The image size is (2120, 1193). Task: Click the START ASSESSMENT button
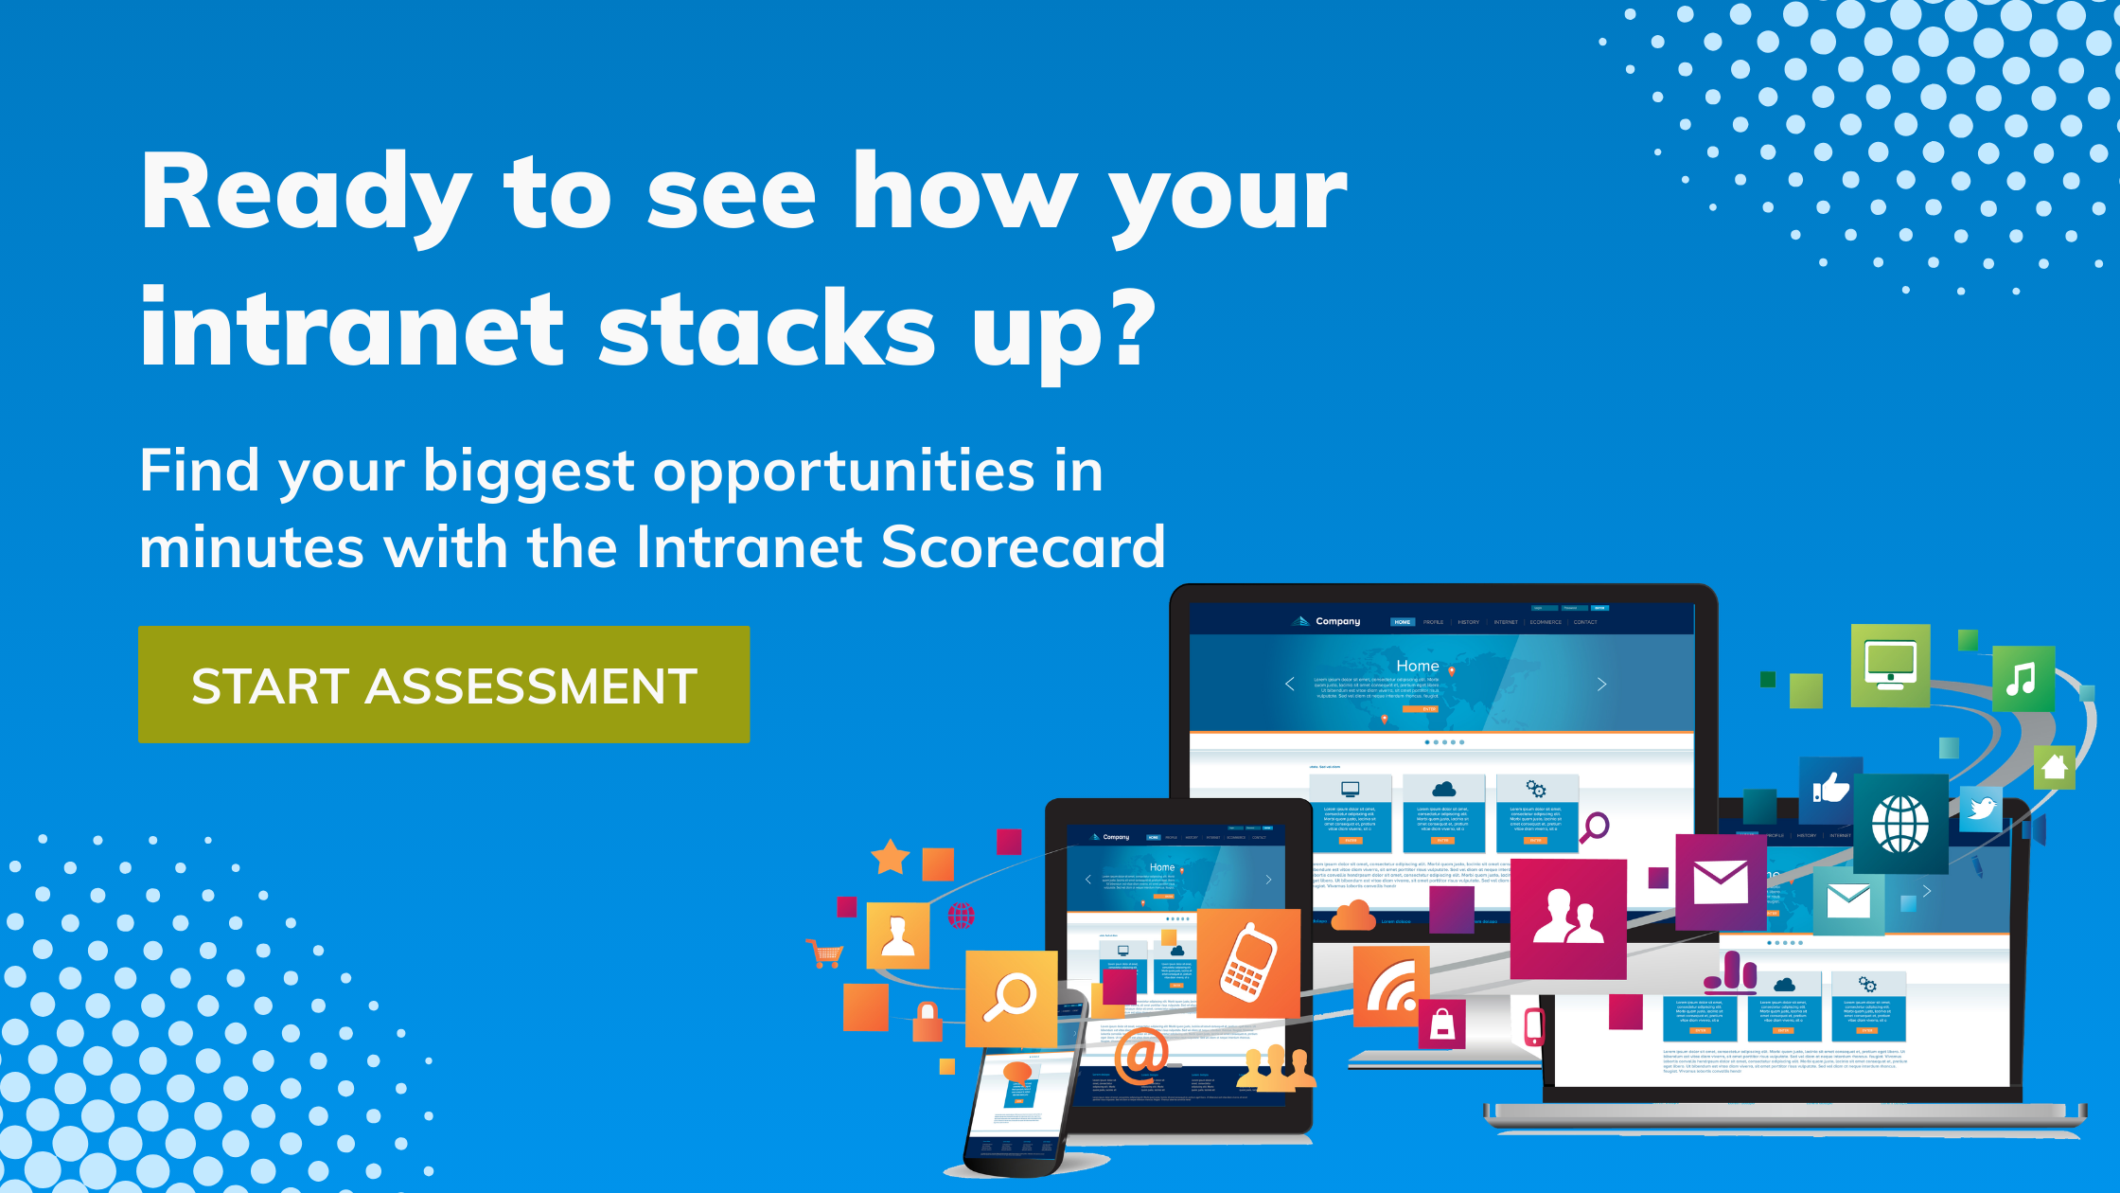point(444,685)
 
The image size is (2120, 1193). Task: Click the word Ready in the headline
point(305,194)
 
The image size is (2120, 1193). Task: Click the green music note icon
point(2023,678)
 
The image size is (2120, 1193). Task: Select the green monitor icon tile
point(1890,665)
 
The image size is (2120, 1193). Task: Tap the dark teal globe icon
point(1899,823)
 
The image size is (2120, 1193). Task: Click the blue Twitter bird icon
point(1981,809)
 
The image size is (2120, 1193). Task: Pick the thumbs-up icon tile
point(1829,788)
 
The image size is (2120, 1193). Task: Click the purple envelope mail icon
point(1720,882)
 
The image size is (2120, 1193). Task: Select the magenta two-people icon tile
point(1568,918)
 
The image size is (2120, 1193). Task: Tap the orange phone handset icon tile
point(1247,962)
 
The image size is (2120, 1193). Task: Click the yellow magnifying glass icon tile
point(1010,998)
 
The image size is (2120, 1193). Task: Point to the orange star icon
point(890,857)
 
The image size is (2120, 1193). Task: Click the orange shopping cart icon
point(825,953)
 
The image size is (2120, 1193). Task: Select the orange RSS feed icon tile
point(1389,987)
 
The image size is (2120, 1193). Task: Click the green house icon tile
point(2054,767)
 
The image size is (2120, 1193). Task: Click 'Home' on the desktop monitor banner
point(1417,666)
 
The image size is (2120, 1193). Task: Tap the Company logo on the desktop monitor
point(1327,621)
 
